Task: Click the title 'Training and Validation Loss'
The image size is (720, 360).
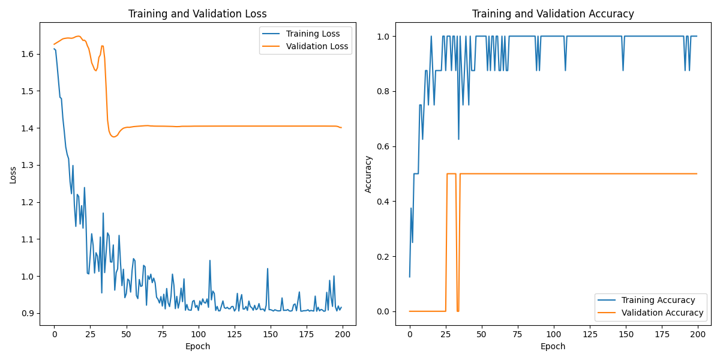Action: (x=198, y=14)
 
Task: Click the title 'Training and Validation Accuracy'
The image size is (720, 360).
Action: (x=553, y=14)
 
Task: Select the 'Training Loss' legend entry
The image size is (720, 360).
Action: (x=313, y=34)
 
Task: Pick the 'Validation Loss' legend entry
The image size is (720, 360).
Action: (x=317, y=46)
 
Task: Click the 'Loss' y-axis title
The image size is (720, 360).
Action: (x=14, y=175)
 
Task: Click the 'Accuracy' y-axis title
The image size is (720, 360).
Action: (x=369, y=175)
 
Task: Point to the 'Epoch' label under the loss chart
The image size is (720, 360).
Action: (x=198, y=346)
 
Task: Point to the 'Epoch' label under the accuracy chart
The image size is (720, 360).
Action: (x=553, y=346)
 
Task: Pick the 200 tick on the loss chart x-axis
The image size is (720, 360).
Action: (x=343, y=333)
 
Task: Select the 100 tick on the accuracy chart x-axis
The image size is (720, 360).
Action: (x=554, y=333)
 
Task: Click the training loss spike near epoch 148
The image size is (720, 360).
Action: (x=268, y=269)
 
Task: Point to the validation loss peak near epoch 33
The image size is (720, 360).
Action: (x=102, y=46)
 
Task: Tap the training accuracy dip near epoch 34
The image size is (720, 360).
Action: (x=459, y=139)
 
